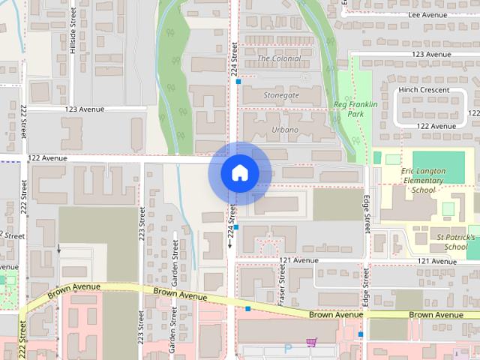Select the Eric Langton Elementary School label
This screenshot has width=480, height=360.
424,180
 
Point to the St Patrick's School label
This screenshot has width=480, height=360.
456,241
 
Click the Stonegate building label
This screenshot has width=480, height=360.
281,95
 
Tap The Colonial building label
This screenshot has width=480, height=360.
279,58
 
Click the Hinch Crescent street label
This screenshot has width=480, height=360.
424,90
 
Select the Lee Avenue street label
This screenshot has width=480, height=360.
427,14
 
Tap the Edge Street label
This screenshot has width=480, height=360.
367,214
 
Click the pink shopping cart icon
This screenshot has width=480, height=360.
310,343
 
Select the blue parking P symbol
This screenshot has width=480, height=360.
288,349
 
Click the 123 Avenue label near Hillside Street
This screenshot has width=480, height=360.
84,109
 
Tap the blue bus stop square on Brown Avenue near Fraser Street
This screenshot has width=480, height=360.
247,308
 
